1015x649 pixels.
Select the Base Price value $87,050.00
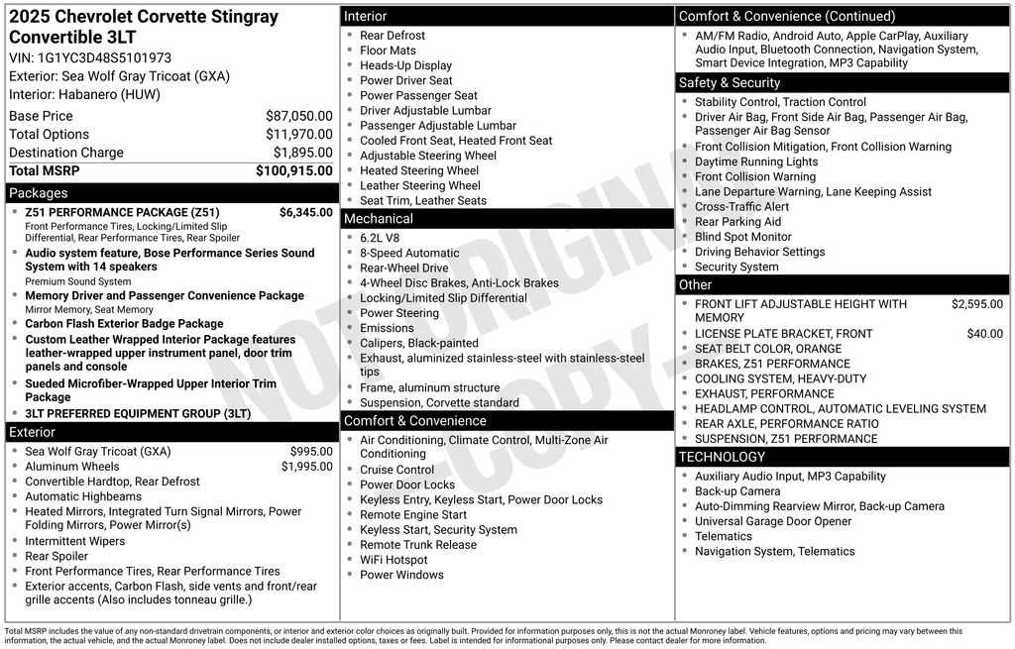[x=298, y=116]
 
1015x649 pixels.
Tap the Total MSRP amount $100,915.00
[x=293, y=170]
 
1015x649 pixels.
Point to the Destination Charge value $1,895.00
[x=302, y=153]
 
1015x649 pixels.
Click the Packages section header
[x=39, y=193]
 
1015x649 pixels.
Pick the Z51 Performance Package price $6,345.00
[x=305, y=212]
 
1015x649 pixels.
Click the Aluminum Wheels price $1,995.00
[x=306, y=467]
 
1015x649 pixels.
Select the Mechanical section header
[x=378, y=219]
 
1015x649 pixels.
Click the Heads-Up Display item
[x=405, y=65]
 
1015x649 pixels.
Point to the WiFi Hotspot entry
[x=394, y=560]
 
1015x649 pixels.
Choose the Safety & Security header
[x=730, y=83]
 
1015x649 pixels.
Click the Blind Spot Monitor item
[x=742, y=237]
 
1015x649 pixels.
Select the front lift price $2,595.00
[x=976, y=304]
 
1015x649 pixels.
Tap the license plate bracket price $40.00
[x=984, y=334]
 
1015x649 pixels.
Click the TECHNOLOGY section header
[x=722, y=457]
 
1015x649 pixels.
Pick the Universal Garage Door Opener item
[x=773, y=521]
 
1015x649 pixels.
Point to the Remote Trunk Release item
[x=417, y=545]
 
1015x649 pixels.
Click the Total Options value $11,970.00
[x=298, y=135]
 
